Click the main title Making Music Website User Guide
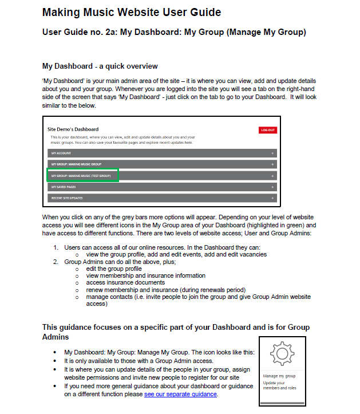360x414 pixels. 132,12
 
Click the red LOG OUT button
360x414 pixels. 267,130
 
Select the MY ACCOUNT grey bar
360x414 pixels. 162,153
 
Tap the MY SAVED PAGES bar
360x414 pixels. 162,187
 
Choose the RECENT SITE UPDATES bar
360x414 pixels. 162,198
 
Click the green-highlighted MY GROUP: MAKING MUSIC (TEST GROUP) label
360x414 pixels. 82,175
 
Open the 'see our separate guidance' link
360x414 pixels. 180,395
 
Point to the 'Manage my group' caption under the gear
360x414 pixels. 279,376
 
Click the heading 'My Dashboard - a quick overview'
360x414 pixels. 100,66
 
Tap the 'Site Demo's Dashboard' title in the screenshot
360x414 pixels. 73,129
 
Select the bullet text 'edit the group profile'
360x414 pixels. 114,269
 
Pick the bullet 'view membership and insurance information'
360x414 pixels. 145,275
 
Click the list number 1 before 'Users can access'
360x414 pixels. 56,247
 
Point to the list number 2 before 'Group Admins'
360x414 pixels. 56,261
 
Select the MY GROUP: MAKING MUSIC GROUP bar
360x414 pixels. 162,164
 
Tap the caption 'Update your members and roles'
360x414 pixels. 279,385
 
